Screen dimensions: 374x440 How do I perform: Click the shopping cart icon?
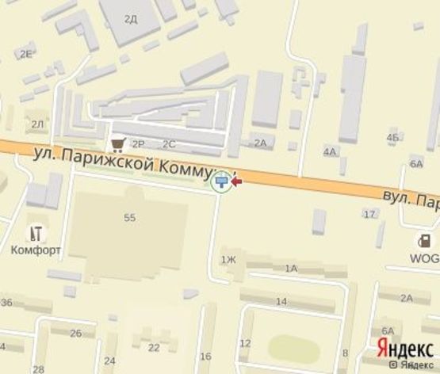click(x=119, y=143)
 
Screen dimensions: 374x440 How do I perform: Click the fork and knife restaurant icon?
click(x=35, y=233)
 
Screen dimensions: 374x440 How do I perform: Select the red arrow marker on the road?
click(x=236, y=182)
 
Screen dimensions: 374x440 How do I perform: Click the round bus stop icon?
click(x=223, y=181)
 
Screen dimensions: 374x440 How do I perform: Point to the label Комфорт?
click(x=36, y=250)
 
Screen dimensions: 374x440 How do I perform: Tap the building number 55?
click(x=130, y=216)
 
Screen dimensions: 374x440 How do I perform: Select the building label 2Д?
click(x=131, y=17)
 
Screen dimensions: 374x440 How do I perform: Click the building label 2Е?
click(x=26, y=53)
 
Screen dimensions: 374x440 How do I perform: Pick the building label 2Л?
click(x=36, y=124)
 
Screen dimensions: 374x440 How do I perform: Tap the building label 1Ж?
click(x=228, y=259)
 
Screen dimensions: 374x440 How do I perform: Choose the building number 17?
click(x=369, y=214)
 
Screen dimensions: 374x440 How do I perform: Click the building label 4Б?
click(x=392, y=138)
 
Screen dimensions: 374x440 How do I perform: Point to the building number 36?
click(x=6, y=303)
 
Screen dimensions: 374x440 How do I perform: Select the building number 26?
click(x=76, y=333)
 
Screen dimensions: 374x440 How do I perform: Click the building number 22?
click(x=154, y=348)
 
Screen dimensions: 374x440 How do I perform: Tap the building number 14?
click(x=281, y=301)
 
